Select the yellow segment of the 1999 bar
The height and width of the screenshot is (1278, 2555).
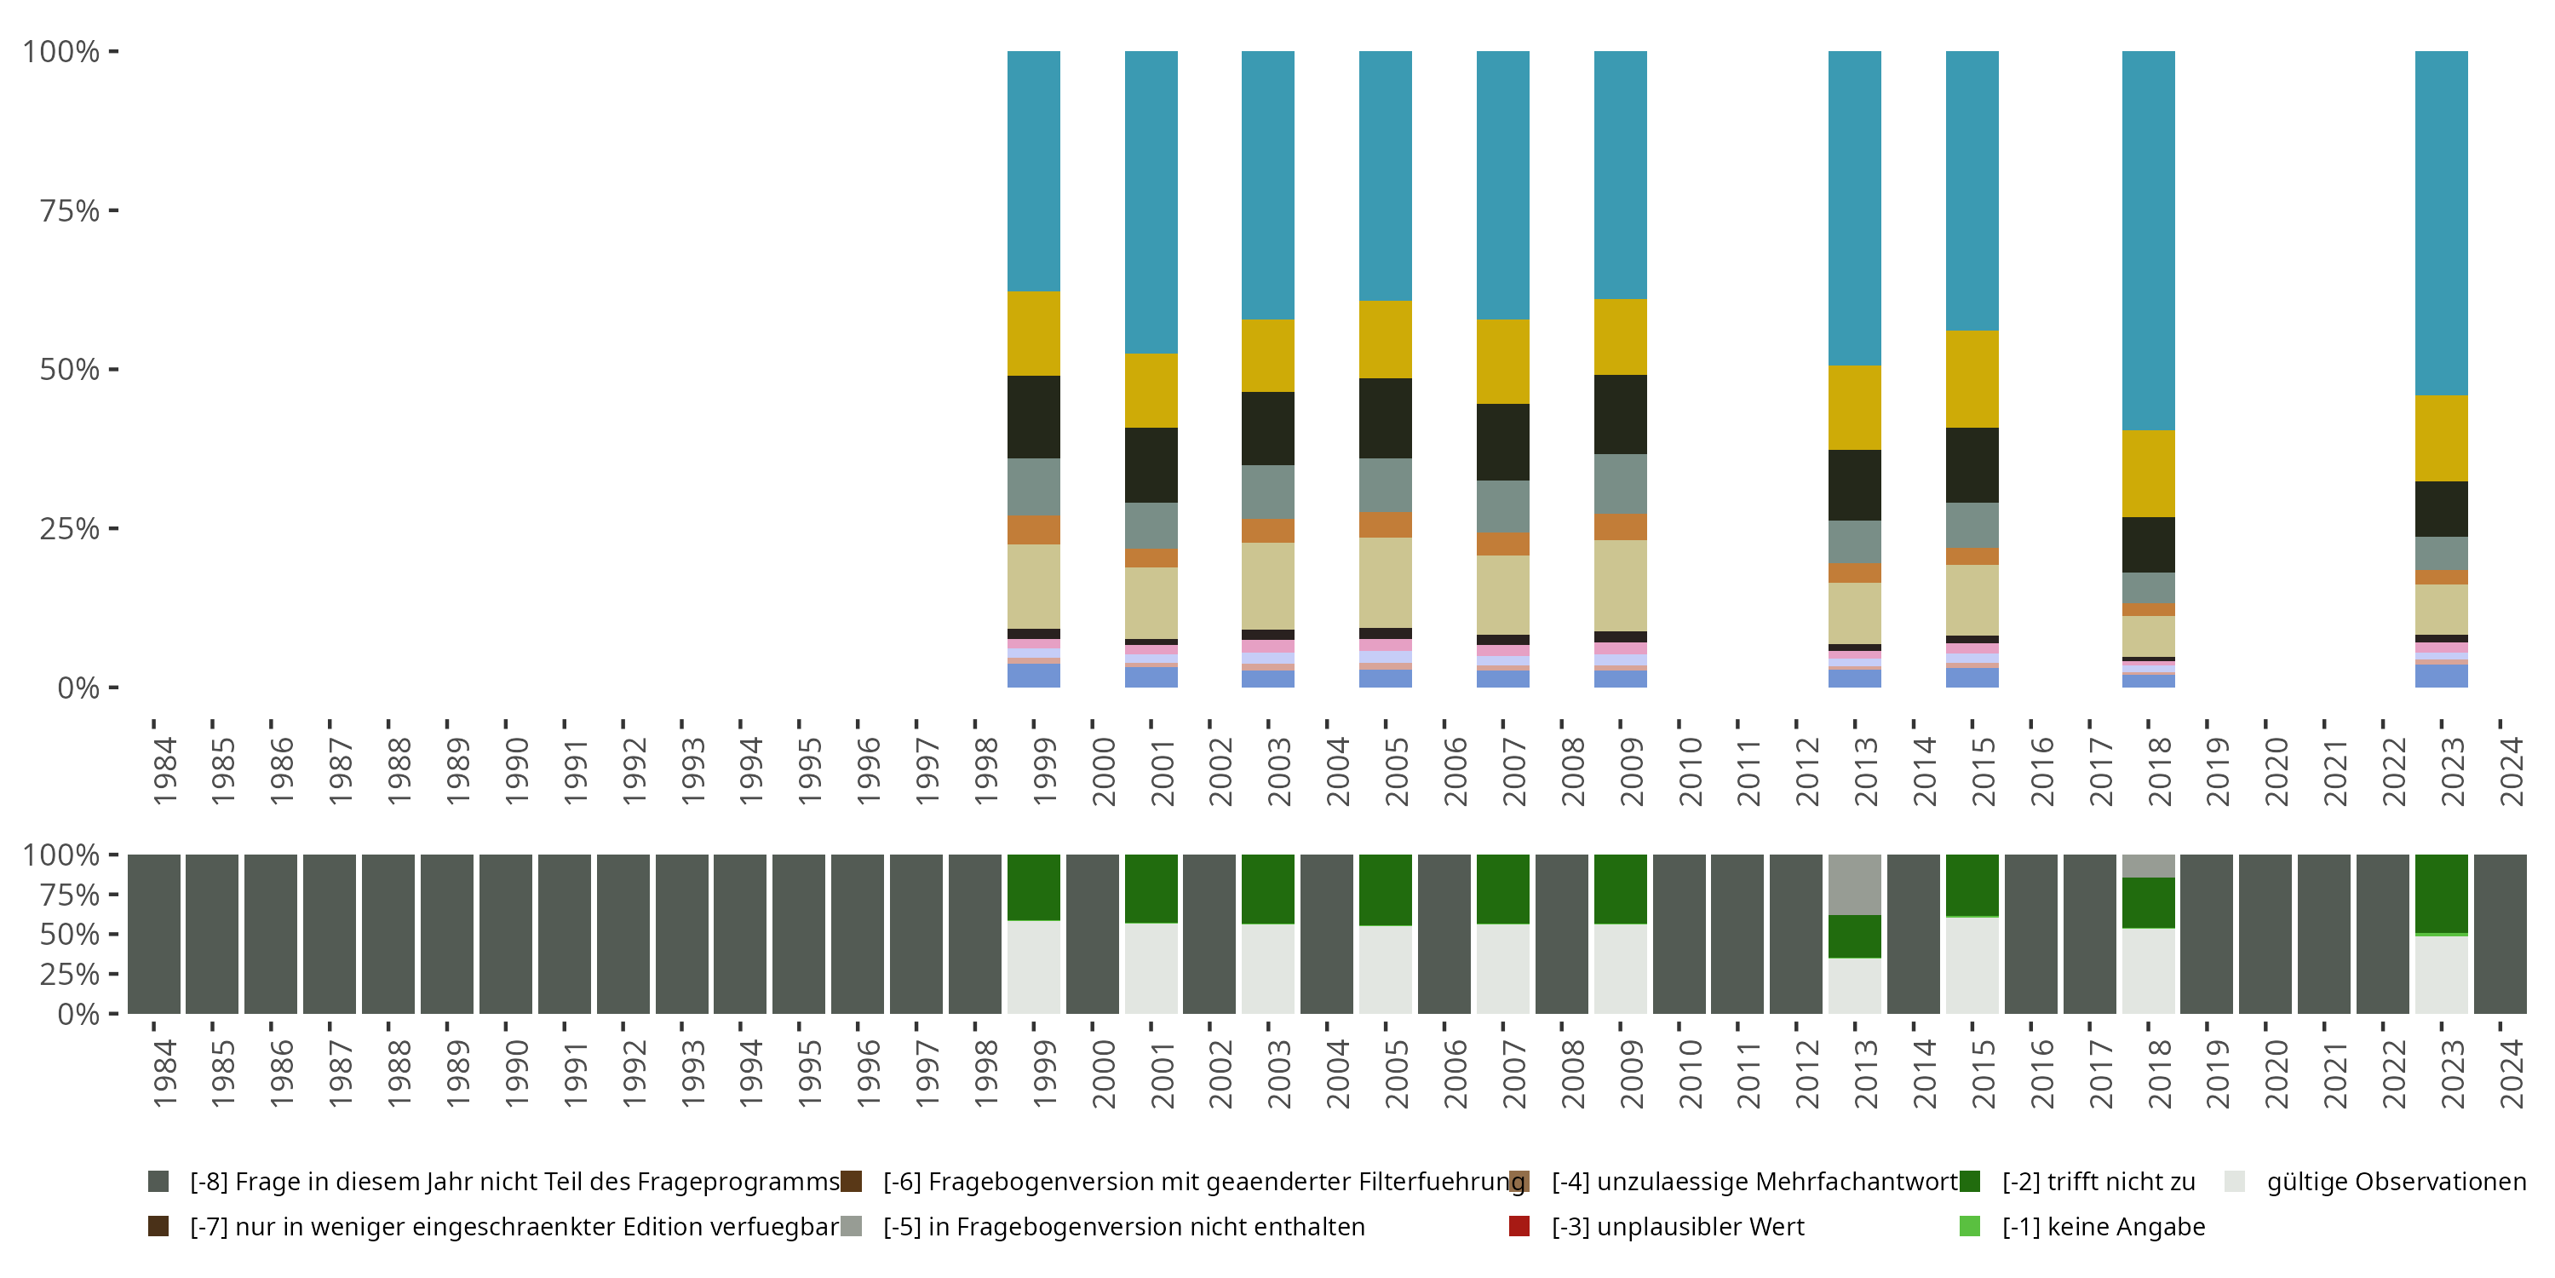(x=1034, y=333)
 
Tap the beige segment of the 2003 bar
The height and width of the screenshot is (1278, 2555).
(x=1267, y=585)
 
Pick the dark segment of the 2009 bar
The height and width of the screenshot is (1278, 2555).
(x=1620, y=414)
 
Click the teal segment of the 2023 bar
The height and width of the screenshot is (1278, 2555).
(x=2441, y=223)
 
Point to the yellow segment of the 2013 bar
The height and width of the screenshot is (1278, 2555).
(x=1855, y=408)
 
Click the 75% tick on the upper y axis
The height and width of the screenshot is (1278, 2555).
(x=70, y=210)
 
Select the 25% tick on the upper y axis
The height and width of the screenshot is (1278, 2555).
(x=70, y=528)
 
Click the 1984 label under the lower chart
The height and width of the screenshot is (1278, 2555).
(x=164, y=1074)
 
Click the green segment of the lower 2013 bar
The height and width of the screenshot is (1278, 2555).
(x=1855, y=935)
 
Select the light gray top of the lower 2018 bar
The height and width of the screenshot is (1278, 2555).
(x=2149, y=866)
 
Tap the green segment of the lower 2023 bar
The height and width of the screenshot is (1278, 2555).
(x=2441, y=893)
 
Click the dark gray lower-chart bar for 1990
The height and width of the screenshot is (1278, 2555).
(x=506, y=934)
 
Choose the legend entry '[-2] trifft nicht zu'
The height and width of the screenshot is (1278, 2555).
(x=2098, y=1182)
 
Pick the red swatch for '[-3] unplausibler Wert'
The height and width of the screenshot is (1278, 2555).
(x=1519, y=1226)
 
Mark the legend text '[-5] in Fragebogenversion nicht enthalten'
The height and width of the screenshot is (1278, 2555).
(x=1123, y=1226)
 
